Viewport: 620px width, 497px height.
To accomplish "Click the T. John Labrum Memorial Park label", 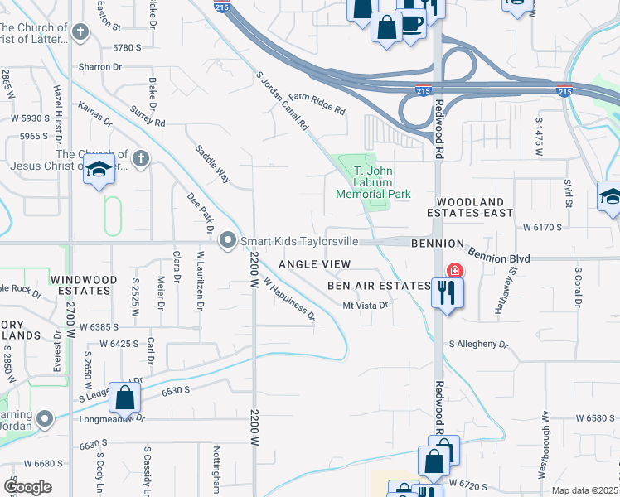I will (373, 183).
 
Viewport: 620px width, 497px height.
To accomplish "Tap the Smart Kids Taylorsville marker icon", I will (229, 241).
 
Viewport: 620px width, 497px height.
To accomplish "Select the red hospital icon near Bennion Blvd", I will (454, 271).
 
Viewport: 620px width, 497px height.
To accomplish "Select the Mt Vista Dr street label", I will (366, 306).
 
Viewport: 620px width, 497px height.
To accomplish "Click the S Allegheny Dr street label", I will (478, 344).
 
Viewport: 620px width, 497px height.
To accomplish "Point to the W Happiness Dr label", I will (289, 298).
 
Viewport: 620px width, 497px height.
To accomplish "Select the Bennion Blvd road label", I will (497, 252).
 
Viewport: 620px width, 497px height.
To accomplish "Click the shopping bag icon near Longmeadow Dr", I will (124, 398).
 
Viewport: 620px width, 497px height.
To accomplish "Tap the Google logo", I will (27, 486).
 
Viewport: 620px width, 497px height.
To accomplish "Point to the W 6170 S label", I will (543, 226).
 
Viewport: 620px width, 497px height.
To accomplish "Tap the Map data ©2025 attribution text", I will (584, 490).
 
